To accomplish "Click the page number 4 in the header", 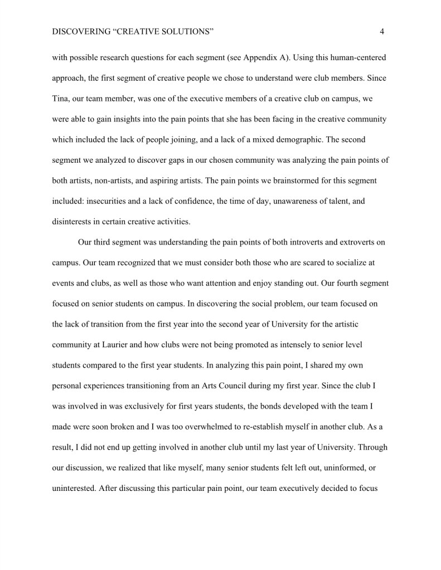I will tap(382, 32).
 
